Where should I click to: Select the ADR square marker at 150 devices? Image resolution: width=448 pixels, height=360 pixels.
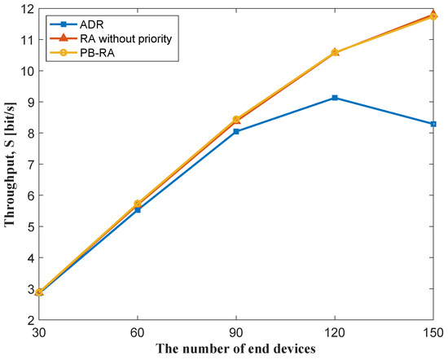tap(433, 124)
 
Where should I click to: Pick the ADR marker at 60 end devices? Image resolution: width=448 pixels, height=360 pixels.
tap(138, 209)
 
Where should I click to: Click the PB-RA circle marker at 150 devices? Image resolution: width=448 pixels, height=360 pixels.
tap(433, 15)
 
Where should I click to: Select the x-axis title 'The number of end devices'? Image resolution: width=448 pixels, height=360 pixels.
tap(236, 350)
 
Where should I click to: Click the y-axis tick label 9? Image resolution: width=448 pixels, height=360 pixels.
tap(29, 102)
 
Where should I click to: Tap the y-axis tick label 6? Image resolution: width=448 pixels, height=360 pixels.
tap(29, 195)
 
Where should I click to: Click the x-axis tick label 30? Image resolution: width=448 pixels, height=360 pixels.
tap(39, 333)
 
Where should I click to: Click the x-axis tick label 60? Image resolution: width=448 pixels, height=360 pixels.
tap(138, 333)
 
